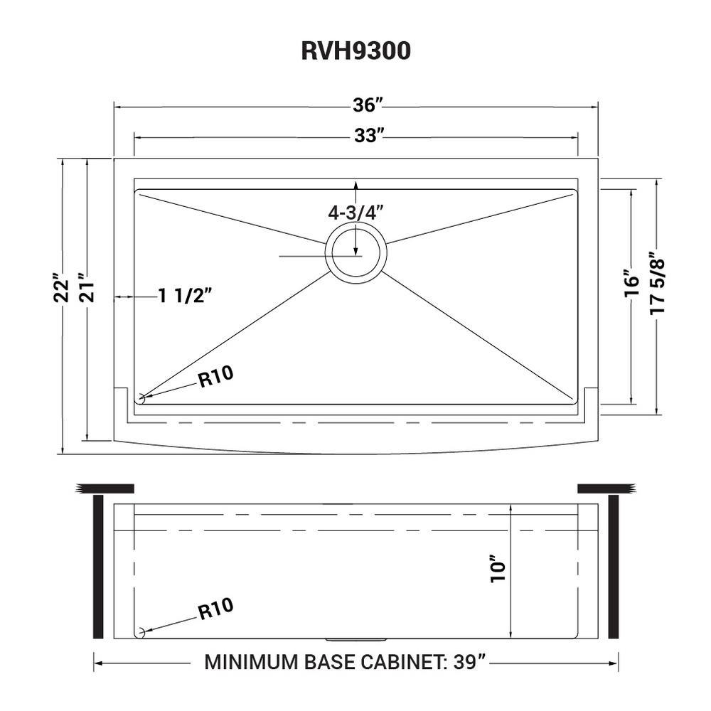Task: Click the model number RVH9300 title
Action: point(355,52)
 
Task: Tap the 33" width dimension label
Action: point(368,136)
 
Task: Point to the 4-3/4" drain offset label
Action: point(355,212)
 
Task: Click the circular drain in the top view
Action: point(356,252)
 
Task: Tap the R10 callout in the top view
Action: point(215,379)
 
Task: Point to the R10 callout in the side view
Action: point(215,609)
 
